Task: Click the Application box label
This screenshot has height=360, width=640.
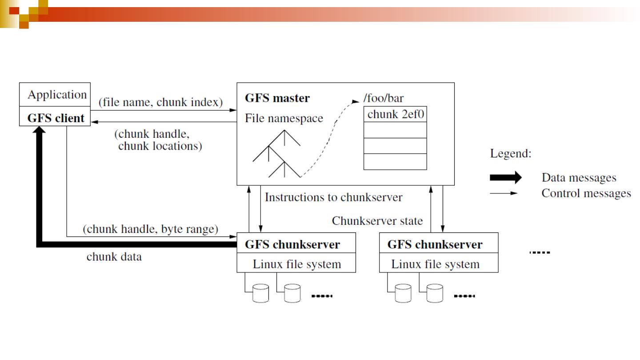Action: (x=57, y=95)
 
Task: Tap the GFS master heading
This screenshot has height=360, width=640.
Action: (x=277, y=98)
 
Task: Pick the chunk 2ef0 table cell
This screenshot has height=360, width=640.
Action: (x=395, y=114)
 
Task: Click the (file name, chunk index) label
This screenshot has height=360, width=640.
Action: (x=160, y=103)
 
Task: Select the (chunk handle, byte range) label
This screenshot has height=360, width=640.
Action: (x=150, y=230)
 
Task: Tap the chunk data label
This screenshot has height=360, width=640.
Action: (x=114, y=257)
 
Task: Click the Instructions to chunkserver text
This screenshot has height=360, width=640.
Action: (x=333, y=197)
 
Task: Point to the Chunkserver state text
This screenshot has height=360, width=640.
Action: (x=377, y=221)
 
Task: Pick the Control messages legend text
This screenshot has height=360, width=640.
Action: (x=586, y=193)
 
